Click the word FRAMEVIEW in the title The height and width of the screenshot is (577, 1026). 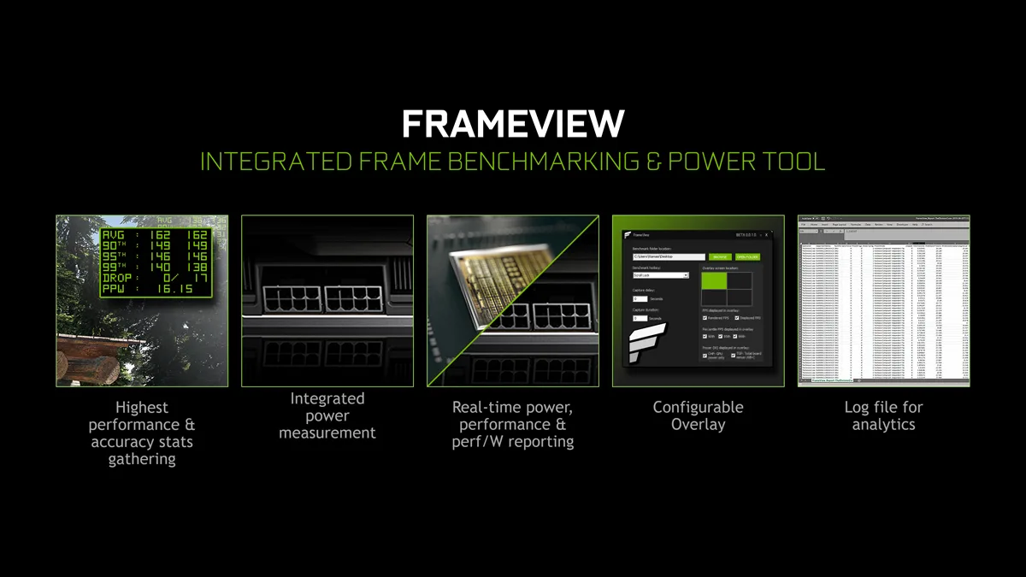coord(513,125)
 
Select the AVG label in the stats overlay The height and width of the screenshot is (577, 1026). coord(113,235)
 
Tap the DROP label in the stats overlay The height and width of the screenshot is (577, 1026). coord(118,279)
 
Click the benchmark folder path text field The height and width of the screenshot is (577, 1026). coord(668,256)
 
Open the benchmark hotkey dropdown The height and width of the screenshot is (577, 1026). coord(660,275)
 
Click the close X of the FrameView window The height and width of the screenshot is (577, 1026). coord(767,234)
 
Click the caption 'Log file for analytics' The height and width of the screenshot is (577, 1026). coord(883,416)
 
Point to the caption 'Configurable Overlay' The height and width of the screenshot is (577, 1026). coord(698,416)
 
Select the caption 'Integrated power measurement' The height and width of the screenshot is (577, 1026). coord(327,416)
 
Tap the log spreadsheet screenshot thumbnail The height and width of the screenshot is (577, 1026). coord(883,301)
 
